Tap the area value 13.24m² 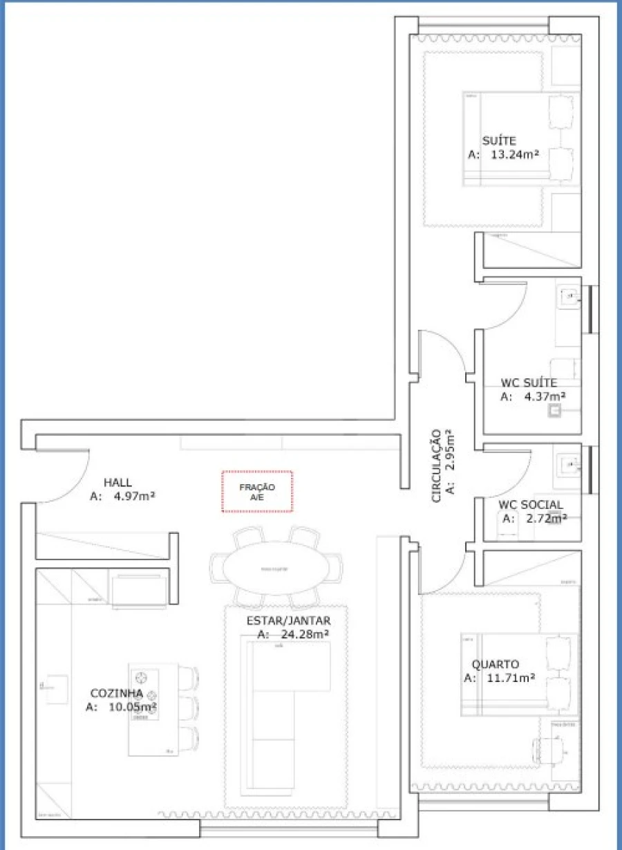515,155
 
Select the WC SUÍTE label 529,382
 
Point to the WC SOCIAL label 530,505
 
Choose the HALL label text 117,482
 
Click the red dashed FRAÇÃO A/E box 257,492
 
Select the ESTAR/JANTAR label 288,620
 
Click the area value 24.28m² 304,634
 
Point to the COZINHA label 117,693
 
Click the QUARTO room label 495,665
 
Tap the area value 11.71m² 509,678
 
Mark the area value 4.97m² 133,496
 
